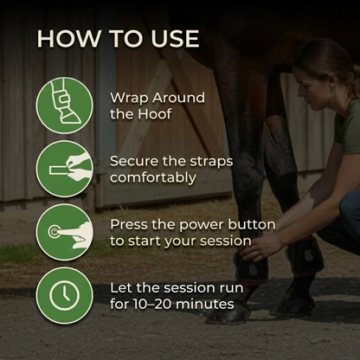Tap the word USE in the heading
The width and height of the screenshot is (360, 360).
[175, 38]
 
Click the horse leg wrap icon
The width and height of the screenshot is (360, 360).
[65, 106]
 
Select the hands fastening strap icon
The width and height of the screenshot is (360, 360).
[65, 169]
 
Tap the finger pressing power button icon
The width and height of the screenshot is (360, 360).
[65, 232]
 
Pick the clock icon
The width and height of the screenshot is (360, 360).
[65, 296]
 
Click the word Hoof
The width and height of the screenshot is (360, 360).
[155, 114]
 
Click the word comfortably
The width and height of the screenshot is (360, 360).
[153, 178]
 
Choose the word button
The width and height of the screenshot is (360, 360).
[252, 225]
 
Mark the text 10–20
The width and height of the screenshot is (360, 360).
[152, 304]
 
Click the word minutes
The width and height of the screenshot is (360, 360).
[205, 304]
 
